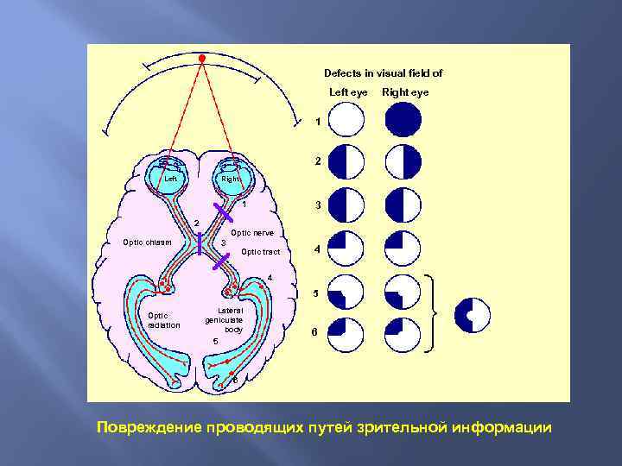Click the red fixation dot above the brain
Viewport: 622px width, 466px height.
pyautogui.click(x=201, y=59)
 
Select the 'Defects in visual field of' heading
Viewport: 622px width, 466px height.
pyautogui.click(x=383, y=73)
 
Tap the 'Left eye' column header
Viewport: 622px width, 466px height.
pyautogui.click(x=348, y=92)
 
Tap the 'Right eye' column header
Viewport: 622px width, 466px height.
pyautogui.click(x=405, y=92)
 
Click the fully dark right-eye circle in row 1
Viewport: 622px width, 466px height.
pyautogui.click(x=403, y=120)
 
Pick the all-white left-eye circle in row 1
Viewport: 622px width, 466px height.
pyautogui.click(x=347, y=120)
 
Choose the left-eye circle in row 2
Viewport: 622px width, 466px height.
pyautogui.click(x=347, y=161)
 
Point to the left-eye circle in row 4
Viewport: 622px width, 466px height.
pyautogui.click(x=347, y=246)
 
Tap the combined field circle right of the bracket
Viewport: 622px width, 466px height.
pyautogui.click(x=473, y=315)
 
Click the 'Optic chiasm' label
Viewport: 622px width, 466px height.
pyautogui.click(x=148, y=242)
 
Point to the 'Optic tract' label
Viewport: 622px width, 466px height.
pyautogui.click(x=261, y=252)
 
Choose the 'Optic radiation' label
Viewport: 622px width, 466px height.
pyautogui.click(x=164, y=320)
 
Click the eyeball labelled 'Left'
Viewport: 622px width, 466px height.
pyautogui.click(x=170, y=179)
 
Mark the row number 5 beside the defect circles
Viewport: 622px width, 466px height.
pyautogui.click(x=315, y=293)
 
